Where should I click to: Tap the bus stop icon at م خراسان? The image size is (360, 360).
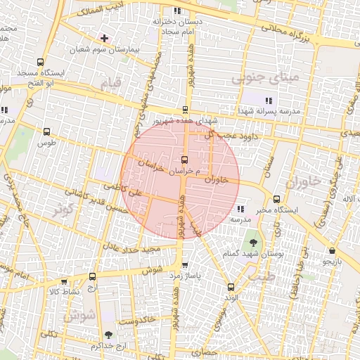point(184,160)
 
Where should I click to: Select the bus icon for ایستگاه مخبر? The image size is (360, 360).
point(277,200)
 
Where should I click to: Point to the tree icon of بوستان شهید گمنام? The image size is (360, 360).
point(252,243)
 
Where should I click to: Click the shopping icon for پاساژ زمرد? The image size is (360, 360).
point(185,265)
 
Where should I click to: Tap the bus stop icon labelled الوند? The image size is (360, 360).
point(231,287)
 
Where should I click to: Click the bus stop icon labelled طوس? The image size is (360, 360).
point(47,131)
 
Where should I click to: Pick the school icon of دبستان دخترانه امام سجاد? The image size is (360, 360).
point(176,11)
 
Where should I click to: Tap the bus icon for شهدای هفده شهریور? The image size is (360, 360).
point(185,109)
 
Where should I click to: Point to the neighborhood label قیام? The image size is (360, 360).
point(111,83)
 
